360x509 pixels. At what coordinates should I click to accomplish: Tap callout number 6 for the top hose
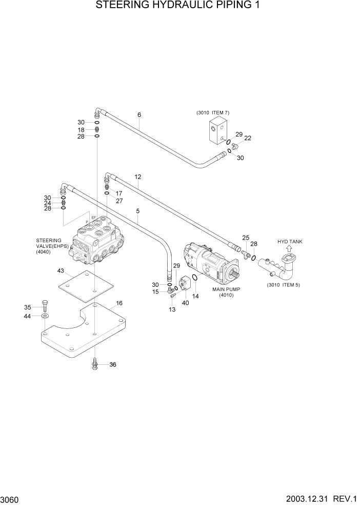pos(139,114)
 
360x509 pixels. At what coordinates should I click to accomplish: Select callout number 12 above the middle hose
pos(137,177)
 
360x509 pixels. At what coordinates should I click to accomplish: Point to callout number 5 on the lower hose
pos(137,211)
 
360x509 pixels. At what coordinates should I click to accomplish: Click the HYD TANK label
pos(290,241)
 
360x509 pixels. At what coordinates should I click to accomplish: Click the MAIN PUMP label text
pos(226,289)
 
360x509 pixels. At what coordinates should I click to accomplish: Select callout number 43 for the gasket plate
pos(61,270)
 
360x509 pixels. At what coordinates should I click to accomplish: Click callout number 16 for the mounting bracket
pos(119,303)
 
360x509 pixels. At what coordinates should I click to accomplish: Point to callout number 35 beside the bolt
pos(28,307)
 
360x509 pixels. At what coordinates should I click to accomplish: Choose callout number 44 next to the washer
pos(28,317)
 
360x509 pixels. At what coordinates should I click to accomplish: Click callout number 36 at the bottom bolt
pos(112,365)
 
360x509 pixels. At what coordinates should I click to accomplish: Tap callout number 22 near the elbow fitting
pos(248,138)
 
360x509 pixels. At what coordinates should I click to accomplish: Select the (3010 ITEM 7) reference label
pos(212,112)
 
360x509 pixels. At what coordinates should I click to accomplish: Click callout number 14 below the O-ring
pos(195,296)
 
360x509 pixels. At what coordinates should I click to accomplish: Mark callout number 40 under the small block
pos(185,303)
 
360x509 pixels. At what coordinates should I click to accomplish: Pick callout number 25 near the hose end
pos(246,237)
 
